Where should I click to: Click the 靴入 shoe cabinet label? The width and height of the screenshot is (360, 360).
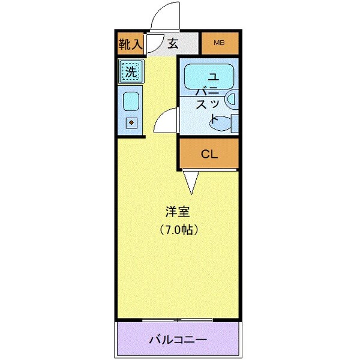coord(130,43)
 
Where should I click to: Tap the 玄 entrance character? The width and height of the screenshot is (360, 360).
coord(173,43)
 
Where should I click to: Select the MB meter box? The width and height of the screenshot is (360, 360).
coord(220,43)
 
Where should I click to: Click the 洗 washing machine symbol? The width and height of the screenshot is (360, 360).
coord(131,71)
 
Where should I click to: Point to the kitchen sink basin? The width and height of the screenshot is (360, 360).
coord(131,100)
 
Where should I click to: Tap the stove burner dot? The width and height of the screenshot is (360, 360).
coord(131,124)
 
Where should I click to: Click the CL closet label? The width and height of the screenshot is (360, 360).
coord(209,154)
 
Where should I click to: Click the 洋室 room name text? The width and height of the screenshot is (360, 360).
coord(178,212)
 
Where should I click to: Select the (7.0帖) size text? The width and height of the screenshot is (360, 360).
coord(179,229)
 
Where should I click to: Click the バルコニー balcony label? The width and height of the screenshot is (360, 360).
coord(178,340)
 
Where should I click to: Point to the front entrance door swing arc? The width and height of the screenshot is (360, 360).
coord(165,15)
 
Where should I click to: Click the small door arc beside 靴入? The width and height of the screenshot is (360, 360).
coord(153,43)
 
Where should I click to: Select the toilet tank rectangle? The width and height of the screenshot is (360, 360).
coord(235,122)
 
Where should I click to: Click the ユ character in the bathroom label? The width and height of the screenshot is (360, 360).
coord(213,76)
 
